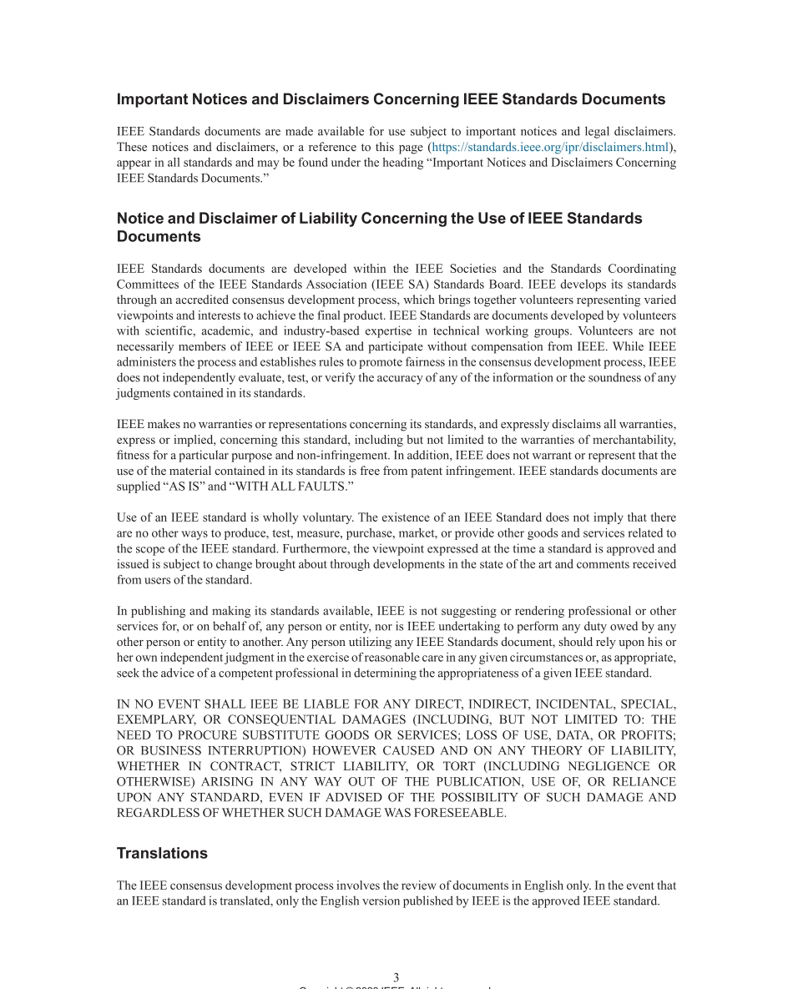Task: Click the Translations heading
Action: point(162,853)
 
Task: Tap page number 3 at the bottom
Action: point(396,976)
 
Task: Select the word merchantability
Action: point(633,440)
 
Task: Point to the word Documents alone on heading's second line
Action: point(159,237)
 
